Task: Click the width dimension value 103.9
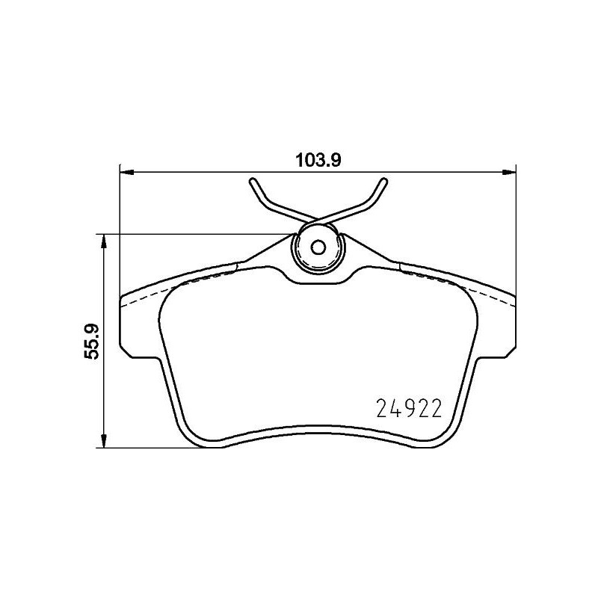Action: click(x=318, y=159)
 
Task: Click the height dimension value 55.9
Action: click(x=93, y=341)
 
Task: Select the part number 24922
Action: click(x=408, y=409)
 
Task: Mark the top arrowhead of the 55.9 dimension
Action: click(x=104, y=241)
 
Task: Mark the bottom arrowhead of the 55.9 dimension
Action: click(x=104, y=441)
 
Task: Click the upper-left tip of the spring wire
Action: click(x=253, y=180)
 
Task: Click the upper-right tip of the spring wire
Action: click(x=384, y=180)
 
